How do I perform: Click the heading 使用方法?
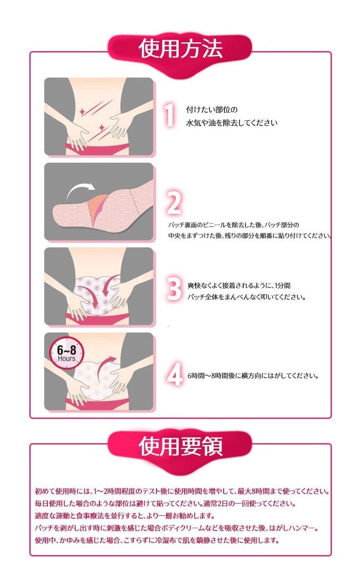pyautogui.click(x=181, y=49)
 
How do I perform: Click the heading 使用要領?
pyautogui.click(x=181, y=446)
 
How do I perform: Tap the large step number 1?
pyautogui.click(x=170, y=115)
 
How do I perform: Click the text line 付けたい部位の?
pyautogui.click(x=211, y=109)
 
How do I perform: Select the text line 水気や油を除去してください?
pyautogui.click(x=232, y=122)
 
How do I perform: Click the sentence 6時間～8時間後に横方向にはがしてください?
pyautogui.click(x=253, y=376)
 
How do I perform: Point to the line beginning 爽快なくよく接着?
pyautogui.click(x=239, y=286)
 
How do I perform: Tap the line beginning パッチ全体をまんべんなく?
pyautogui.click(x=246, y=297)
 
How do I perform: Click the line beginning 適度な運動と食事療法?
pyautogui.click(x=125, y=516)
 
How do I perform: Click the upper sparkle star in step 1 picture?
pyautogui.click(x=82, y=112)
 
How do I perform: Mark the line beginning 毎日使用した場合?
pyautogui.click(x=165, y=504)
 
